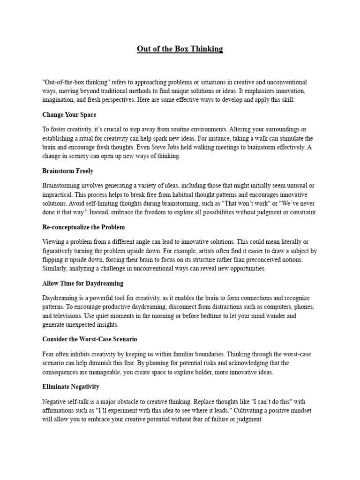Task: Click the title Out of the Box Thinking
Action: tap(180, 49)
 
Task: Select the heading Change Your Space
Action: tap(69, 114)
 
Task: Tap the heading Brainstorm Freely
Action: tap(67, 171)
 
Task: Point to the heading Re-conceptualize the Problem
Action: tap(83, 227)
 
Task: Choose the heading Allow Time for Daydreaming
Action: tap(83, 284)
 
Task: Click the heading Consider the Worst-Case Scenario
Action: tap(90, 339)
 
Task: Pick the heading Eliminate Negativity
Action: tap(70, 387)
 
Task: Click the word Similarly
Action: tap(56, 268)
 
